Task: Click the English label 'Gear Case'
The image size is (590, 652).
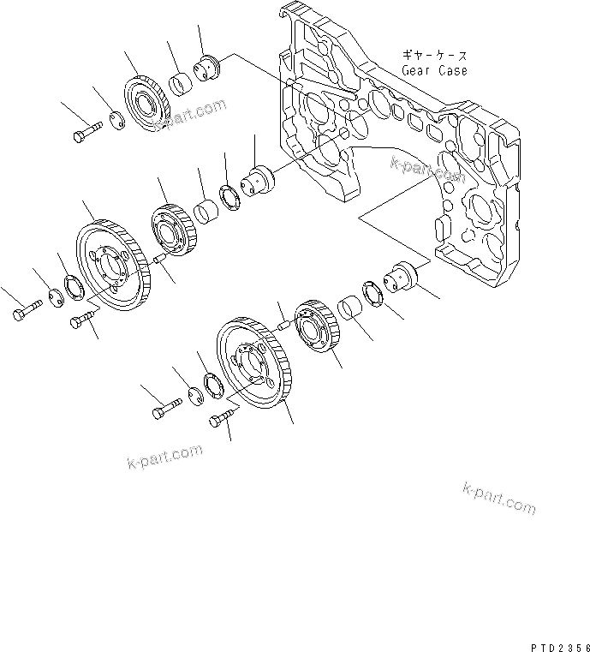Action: (434, 70)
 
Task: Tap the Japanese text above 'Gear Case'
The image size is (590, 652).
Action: (434, 54)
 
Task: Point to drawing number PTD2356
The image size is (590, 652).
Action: (549, 639)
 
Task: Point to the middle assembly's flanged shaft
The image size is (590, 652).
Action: (258, 180)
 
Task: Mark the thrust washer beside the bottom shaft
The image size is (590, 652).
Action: (372, 291)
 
